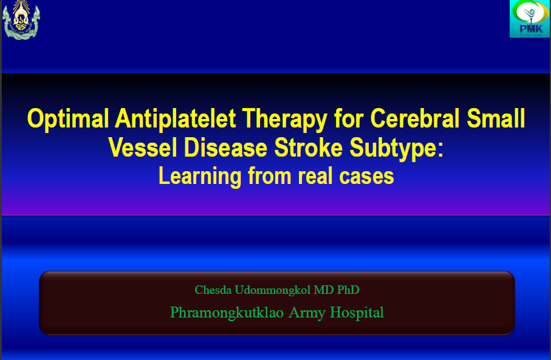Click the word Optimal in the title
pos(68,120)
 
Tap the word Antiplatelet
pos(176,119)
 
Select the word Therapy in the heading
pos(285,120)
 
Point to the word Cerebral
pos(415,118)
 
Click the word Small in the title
pos(496,118)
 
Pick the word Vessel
pos(143,148)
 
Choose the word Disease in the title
pos(225,148)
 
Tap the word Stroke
pos(308,148)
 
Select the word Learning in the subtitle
pos(200,176)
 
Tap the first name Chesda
pos(213,290)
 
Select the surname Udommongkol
pos(273,290)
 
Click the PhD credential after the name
pos(348,290)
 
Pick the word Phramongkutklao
pos(227,313)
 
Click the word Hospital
pos(357,313)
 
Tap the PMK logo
pos(530,19)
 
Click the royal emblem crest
pos(21,19)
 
